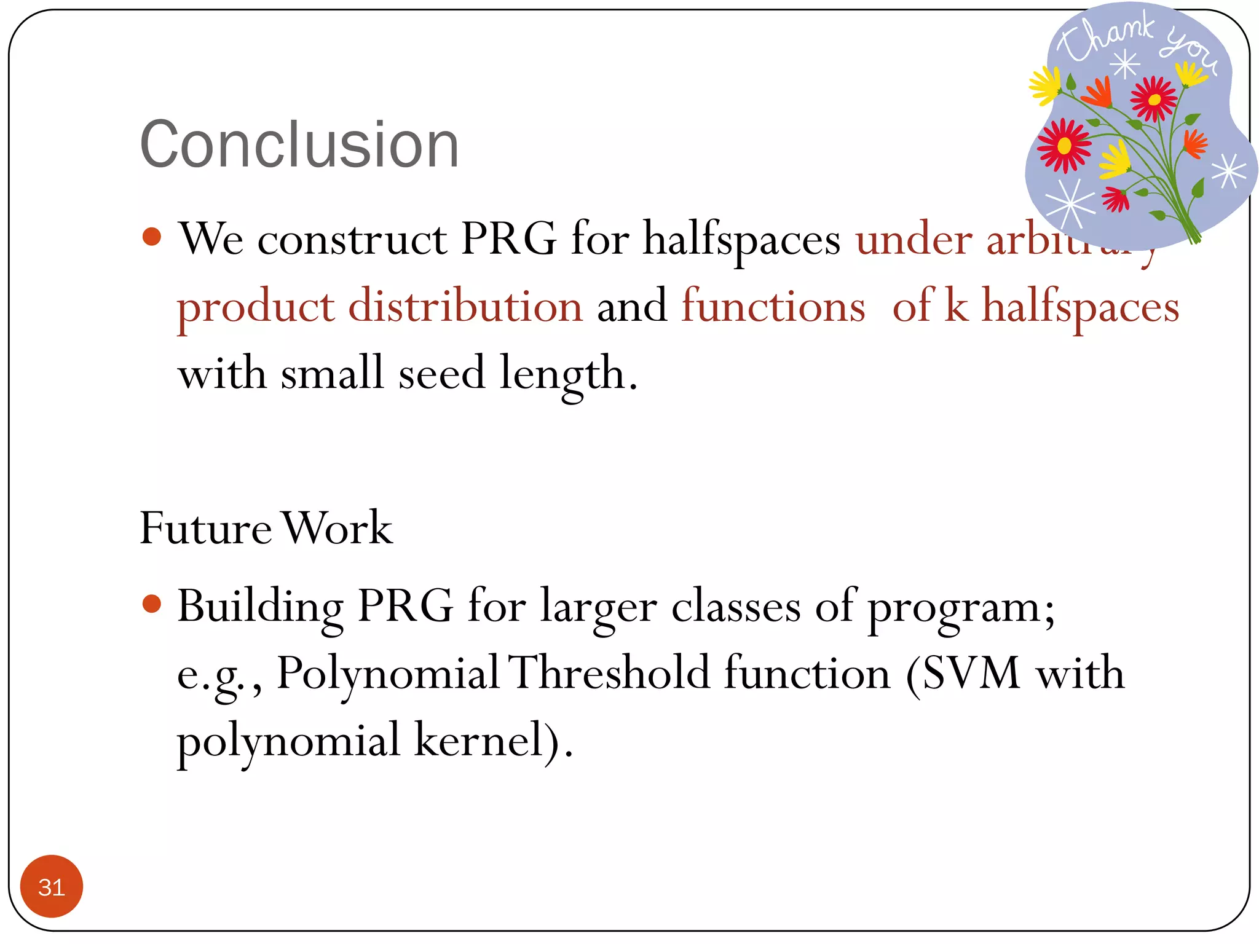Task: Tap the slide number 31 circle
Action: [x=52, y=886]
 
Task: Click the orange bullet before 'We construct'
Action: [x=151, y=237]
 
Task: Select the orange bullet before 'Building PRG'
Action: [x=151, y=604]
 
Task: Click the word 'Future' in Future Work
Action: [x=205, y=528]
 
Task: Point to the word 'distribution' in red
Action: [x=465, y=306]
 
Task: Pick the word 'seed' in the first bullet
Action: [x=441, y=373]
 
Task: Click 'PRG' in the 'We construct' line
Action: [x=508, y=238]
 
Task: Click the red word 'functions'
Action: [x=773, y=306]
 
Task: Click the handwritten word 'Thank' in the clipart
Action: [x=1107, y=38]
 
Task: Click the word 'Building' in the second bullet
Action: [x=260, y=607]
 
